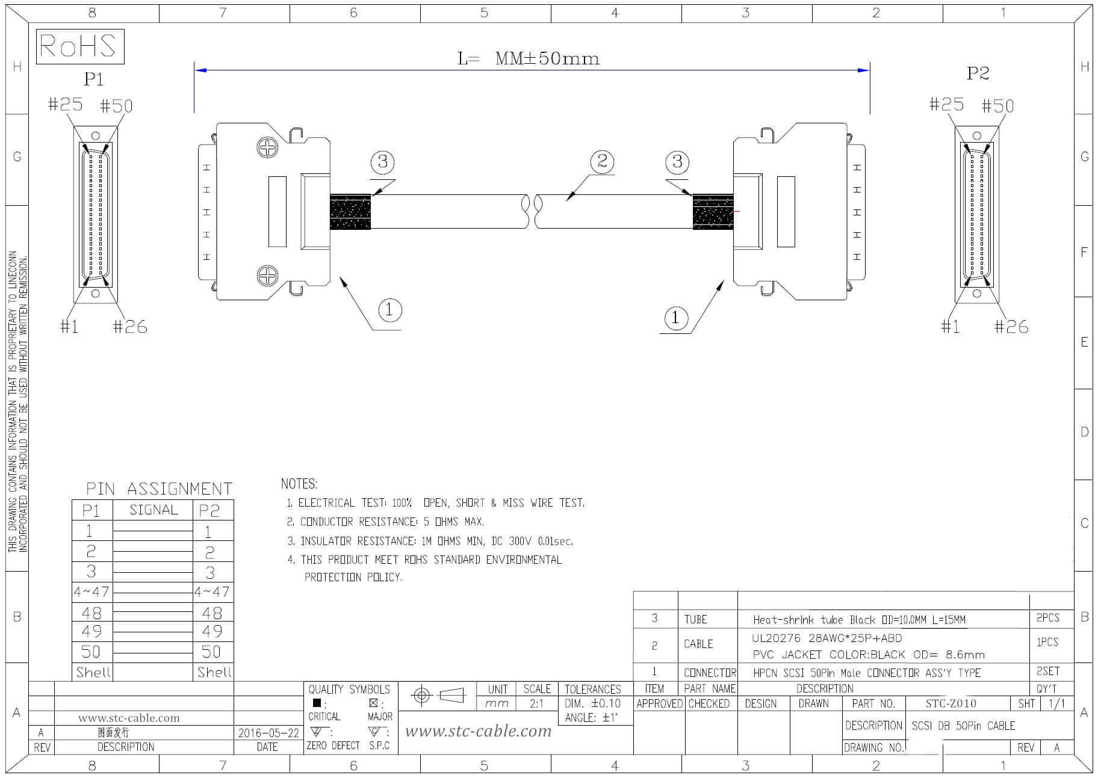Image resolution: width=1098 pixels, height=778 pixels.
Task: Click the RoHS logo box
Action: tap(80, 46)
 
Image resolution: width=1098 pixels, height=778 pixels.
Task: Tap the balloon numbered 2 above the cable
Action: tap(602, 161)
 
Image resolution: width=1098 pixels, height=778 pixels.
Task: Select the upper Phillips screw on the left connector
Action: tap(267, 147)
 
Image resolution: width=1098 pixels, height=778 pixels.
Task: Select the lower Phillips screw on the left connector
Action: tap(267, 276)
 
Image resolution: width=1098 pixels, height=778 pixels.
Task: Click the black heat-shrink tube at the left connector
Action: tap(350, 212)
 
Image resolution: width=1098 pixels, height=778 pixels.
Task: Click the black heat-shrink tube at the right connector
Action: tap(713, 212)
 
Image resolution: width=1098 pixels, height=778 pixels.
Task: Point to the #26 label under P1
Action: tap(130, 327)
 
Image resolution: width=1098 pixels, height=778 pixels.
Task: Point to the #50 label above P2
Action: tap(997, 107)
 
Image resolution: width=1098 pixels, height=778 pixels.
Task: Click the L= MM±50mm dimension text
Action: tap(529, 58)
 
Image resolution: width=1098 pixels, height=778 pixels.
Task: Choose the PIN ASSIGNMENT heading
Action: tap(159, 489)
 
